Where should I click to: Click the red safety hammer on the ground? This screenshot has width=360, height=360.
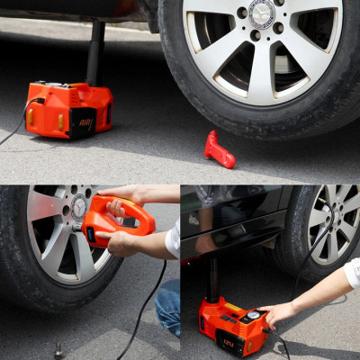219,150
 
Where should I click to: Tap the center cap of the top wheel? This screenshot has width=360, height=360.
261,13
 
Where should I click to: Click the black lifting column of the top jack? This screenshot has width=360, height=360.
94,53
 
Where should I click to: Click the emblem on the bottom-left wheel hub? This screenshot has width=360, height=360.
78,208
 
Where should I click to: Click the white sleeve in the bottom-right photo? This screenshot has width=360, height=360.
352,272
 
